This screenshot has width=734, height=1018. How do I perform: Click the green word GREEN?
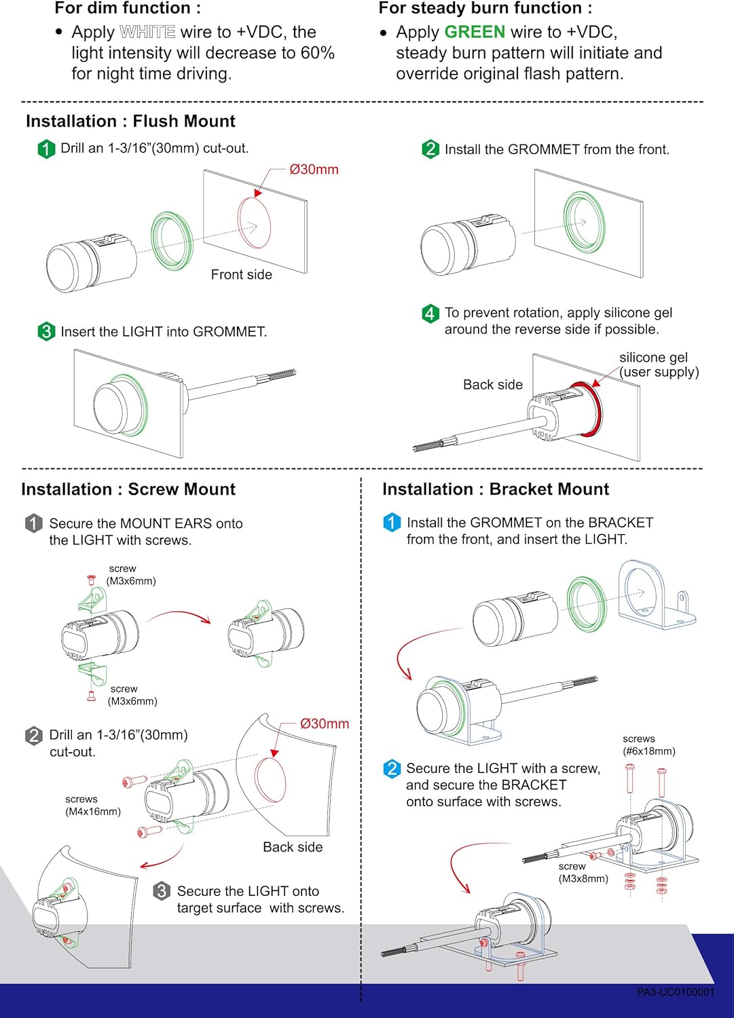(475, 32)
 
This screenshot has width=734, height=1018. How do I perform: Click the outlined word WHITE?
(147, 32)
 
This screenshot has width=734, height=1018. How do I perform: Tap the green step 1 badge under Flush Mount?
(46, 149)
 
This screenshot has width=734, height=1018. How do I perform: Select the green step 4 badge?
(430, 313)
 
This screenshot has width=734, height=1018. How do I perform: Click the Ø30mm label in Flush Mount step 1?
(314, 170)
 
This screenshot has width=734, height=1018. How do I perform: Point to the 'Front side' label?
(241, 275)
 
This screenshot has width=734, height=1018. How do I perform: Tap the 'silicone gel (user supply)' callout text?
(658, 364)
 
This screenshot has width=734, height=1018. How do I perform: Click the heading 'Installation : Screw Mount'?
(128, 489)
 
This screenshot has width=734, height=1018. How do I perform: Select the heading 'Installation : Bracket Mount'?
(496, 489)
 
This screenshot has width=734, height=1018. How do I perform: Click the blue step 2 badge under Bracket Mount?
(392, 769)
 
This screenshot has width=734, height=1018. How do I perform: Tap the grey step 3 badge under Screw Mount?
(162, 891)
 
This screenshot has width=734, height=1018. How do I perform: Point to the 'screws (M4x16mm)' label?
(92, 806)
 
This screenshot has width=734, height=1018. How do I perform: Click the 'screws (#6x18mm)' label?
(648, 745)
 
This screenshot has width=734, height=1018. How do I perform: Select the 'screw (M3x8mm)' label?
(583, 873)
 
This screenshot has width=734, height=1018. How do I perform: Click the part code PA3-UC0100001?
(676, 992)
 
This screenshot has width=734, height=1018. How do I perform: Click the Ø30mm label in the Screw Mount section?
(325, 724)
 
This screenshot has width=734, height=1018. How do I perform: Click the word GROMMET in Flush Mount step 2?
(543, 150)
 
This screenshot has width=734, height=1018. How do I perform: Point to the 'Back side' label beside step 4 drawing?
(492, 385)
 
